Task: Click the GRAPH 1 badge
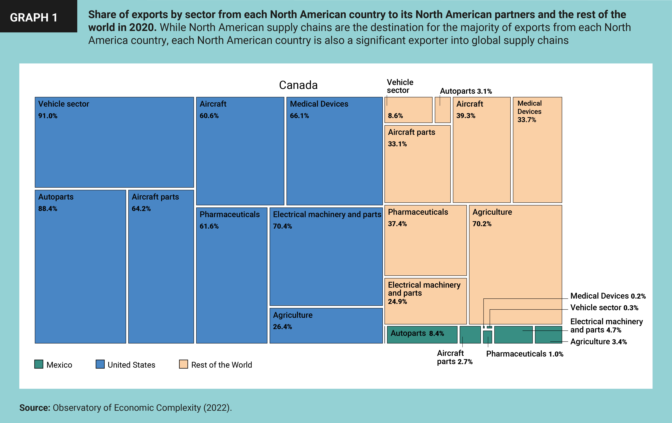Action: pyautogui.click(x=34, y=17)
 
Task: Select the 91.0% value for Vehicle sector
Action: pyautogui.click(x=48, y=116)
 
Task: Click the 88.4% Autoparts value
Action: pyautogui.click(x=48, y=209)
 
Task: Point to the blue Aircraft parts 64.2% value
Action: pyautogui.click(x=141, y=209)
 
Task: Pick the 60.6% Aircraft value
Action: pyautogui.click(x=209, y=116)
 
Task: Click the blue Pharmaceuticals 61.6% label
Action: pyautogui.click(x=229, y=214)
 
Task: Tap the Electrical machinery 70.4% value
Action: pyautogui.click(x=282, y=227)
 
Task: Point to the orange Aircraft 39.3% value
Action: pyautogui.click(x=466, y=116)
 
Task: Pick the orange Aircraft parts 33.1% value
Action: pyautogui.click(x=397, y=144)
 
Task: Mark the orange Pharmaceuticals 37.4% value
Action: pyautogui.click(x=397, y=224)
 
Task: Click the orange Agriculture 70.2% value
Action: pyautogui.click(x=482, y=224)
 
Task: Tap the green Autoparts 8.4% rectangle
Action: pyautogui.click(x=422, y=334)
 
